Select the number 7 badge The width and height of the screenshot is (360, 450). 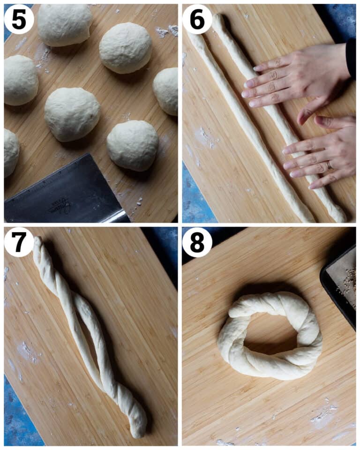pos(19,242)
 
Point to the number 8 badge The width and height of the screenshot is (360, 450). pos(197,242)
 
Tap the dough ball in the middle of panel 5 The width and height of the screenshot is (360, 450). pos(72,113)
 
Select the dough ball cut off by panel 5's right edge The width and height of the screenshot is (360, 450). pos(167,90)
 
